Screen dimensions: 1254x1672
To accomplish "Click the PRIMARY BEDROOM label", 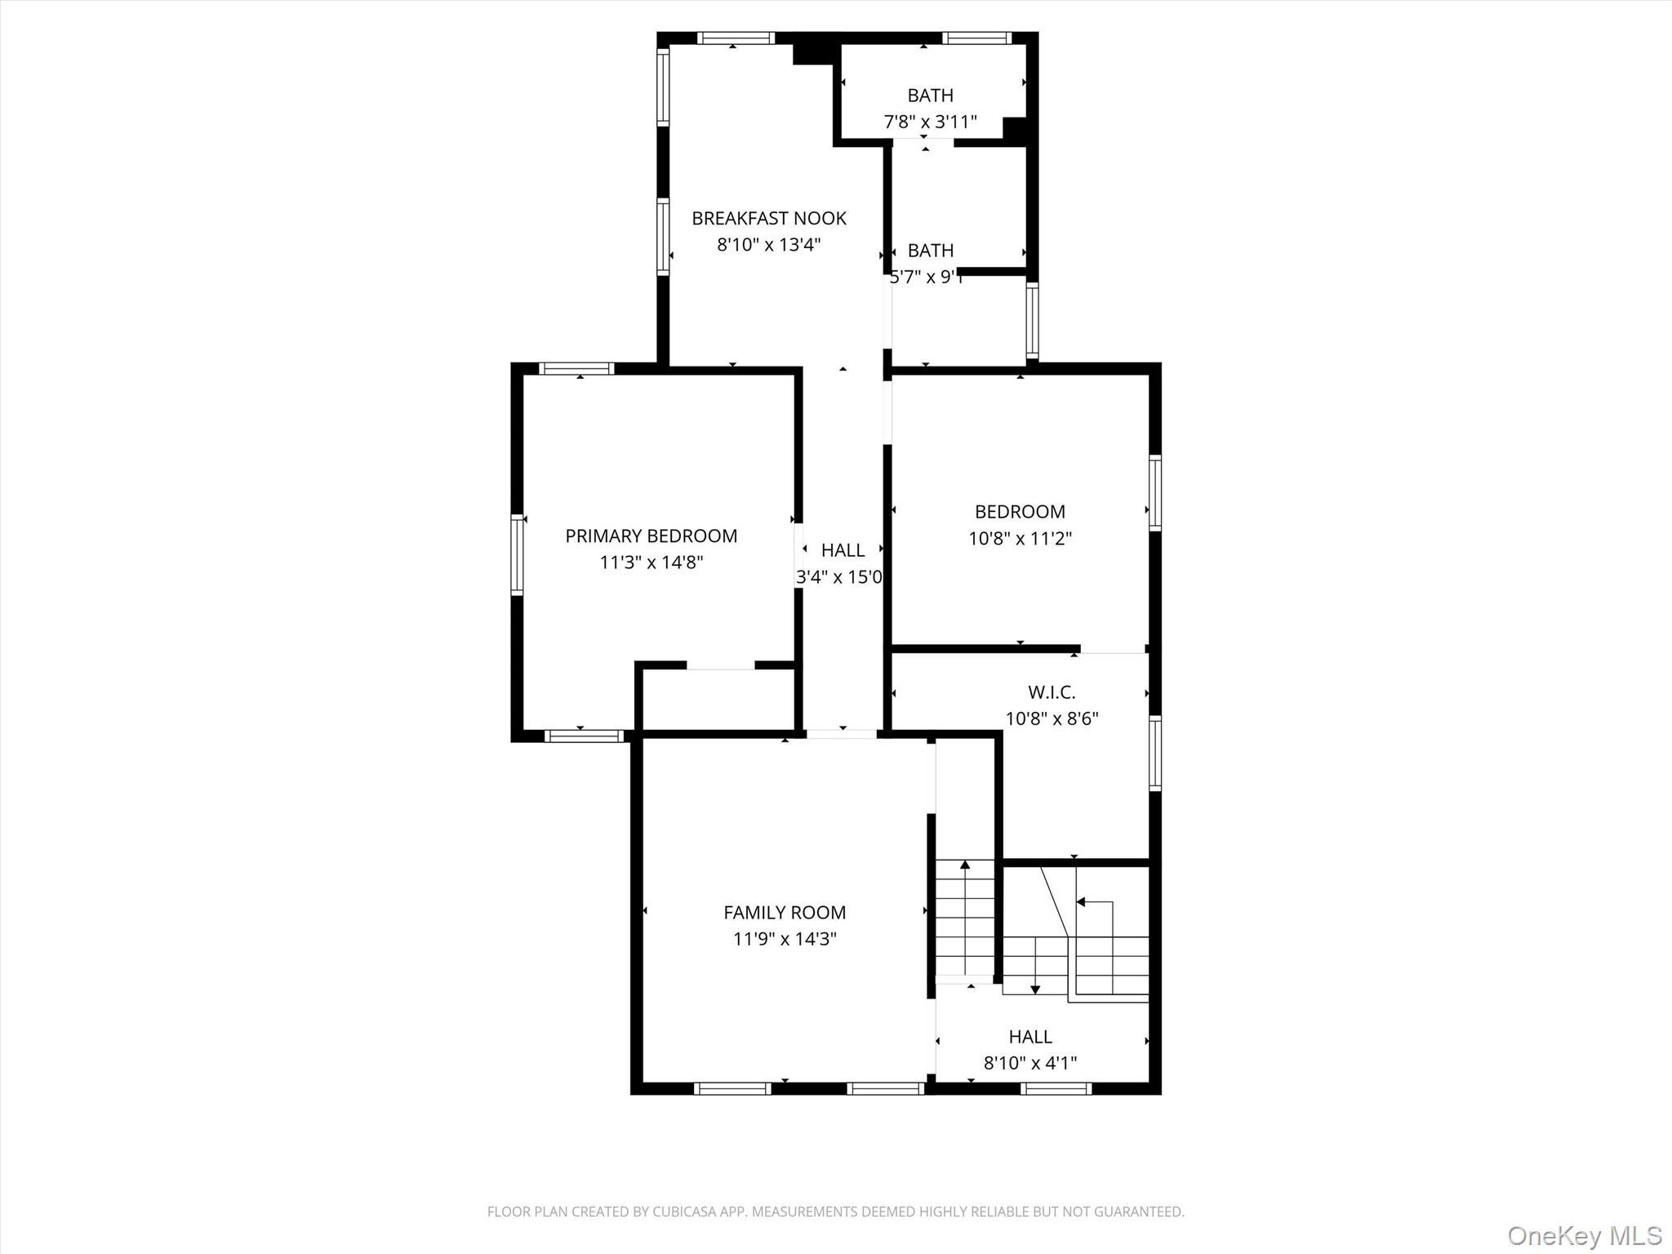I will (651, 536).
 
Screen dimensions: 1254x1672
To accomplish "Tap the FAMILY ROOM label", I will (784, 912).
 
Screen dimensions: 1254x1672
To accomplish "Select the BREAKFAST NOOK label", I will (768, 218).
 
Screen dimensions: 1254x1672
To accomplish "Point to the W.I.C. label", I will (1052, 692).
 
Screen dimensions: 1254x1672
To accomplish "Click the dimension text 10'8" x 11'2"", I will (1020, 539).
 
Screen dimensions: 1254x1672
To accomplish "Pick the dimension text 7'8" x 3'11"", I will (930, 122).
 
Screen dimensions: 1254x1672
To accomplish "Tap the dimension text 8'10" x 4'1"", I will (1030, 1063).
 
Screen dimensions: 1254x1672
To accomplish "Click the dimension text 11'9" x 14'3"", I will (784, 939).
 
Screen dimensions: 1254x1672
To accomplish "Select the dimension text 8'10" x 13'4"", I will (768, 245).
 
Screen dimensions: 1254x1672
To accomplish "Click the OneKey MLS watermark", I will (1584, 1235).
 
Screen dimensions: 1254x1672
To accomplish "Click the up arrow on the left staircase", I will (965, 865).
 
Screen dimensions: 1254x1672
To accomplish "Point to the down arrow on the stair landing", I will (1035, 989).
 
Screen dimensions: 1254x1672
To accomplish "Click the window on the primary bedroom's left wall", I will (517, 555).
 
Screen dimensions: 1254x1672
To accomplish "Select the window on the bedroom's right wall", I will (1155, 493).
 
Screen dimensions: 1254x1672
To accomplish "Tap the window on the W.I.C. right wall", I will (1155, 753).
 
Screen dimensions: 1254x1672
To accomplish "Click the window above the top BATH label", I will (976, 38).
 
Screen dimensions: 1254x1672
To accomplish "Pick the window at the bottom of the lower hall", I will (1056, 1088).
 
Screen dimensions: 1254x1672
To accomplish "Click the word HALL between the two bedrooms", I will (843, 550).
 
